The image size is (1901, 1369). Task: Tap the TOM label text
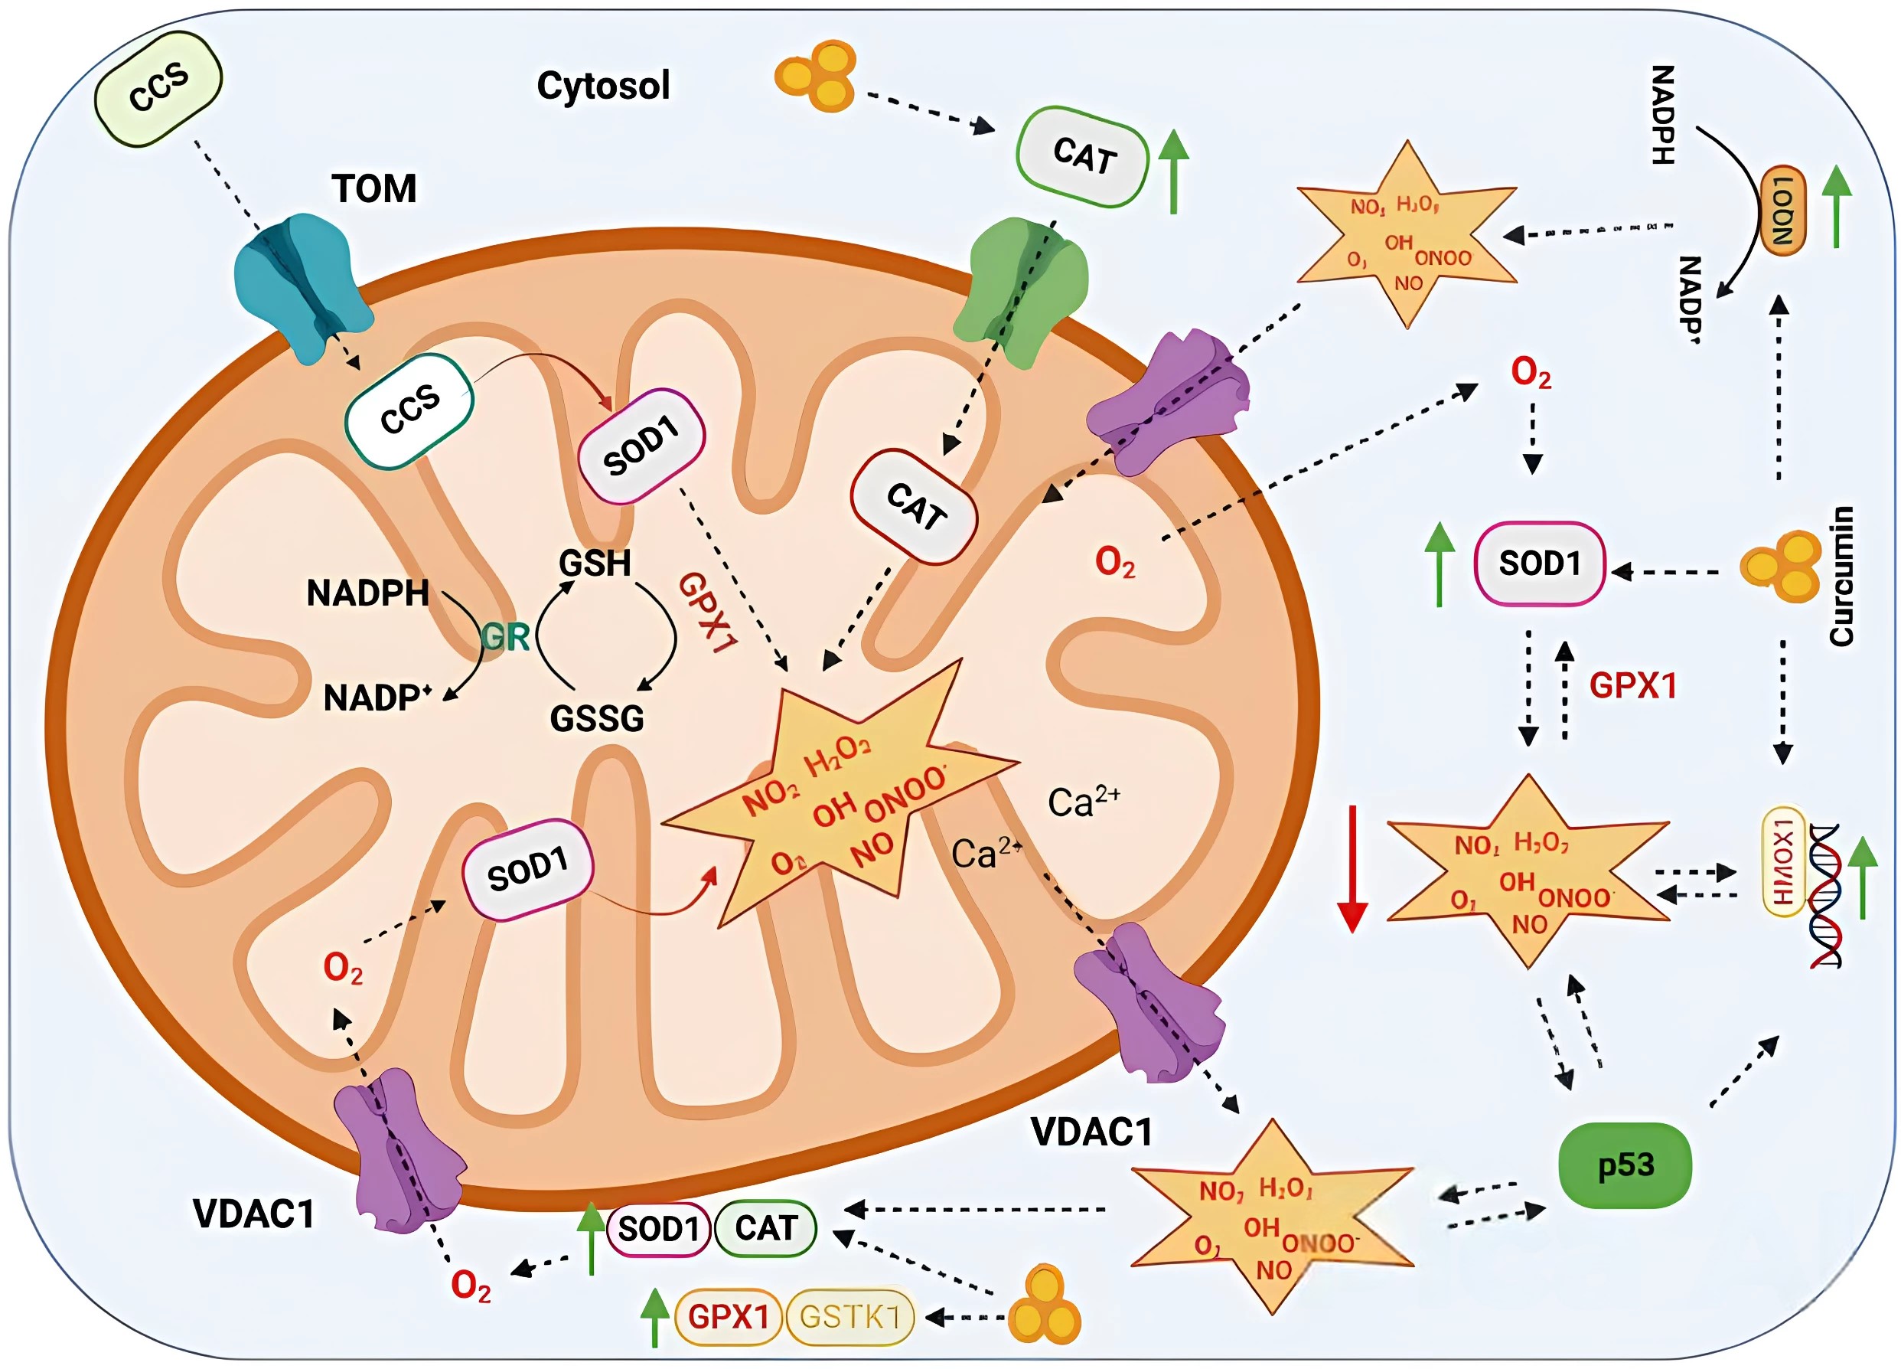[x=373, y=188]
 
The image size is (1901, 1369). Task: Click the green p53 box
[x=1625, y=1165]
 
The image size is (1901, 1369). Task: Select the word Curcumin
[x=1841, y=576]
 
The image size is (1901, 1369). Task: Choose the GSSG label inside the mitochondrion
[x=597, y=718]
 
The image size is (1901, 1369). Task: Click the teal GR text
[x=505, y=638]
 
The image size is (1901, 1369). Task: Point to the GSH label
[x=595, y=564]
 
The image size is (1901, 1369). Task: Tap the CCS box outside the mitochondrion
[x=159, y=88]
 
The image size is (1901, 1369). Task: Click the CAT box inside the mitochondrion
[x=915, y=506]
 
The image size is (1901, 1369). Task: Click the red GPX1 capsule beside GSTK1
[x=728, y=1316]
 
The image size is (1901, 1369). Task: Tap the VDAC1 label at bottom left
[x=254, y=1213]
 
